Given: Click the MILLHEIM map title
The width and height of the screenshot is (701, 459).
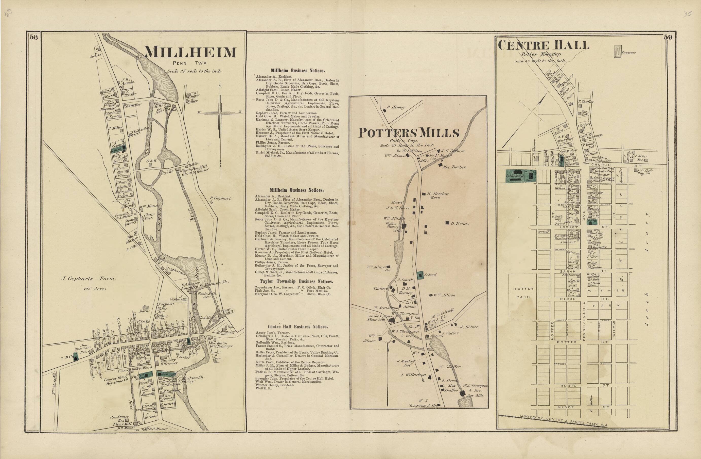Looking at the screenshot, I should (x=190, y=53).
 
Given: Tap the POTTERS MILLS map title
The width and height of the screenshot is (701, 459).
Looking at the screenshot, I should (x=409, y=133).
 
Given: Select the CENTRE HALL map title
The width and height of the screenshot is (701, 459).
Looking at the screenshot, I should (x=544, y=46).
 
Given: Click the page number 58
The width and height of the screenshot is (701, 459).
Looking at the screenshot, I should (x=33, y=37).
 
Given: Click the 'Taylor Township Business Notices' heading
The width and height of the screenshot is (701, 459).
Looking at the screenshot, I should (x=296, y=282).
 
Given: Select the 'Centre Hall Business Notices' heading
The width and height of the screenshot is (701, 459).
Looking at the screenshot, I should (x=297, y=327).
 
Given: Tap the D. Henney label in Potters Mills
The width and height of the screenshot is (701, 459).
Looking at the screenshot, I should (x=396, y=107).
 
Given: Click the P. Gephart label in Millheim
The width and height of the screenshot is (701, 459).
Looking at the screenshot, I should (x=220, y=198).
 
